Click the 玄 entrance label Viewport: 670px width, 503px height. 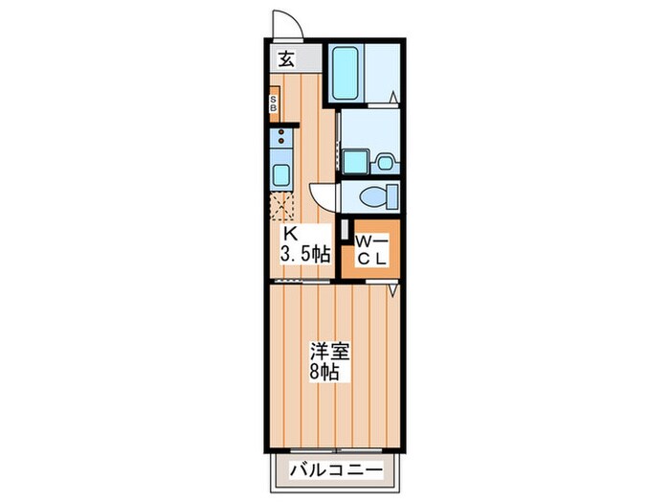point(285,57)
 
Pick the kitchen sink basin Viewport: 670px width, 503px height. point(281,174)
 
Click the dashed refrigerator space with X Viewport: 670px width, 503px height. point(283,203)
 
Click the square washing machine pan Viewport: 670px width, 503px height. point(354,161)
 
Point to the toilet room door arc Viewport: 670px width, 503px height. point(326,196)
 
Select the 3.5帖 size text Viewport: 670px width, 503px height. point(304,255)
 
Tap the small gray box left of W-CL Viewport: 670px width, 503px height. point(344,233)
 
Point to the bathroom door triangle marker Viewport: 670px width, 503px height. point(393,96)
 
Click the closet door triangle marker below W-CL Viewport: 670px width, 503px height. point(393,286)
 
